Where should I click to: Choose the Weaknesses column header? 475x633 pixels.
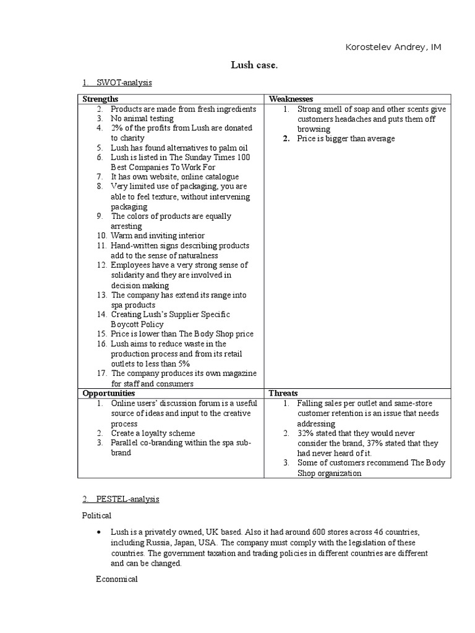click(x=291, y=99)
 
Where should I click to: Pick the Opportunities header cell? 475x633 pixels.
click(x=109, y=393)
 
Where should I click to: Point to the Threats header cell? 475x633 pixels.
click(x=283, y=393)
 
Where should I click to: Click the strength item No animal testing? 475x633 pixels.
click(x=142, y=119)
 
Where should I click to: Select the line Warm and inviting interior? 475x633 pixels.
click(x=157, y=236)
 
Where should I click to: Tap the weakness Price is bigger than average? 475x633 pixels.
click(x=346, y=138)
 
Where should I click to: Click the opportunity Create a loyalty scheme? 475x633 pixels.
click(x=153, y=433)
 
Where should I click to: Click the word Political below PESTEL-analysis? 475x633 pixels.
click(x=96, y=514)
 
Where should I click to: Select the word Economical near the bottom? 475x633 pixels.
click(x=117, y=579)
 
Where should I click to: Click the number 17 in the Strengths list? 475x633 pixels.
click(x=101, y=373)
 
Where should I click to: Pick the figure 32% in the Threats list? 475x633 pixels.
click(x=306, y=433)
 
